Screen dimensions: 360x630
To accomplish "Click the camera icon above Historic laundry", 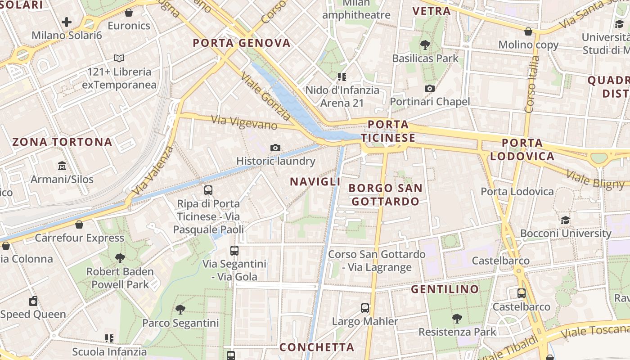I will tap(275, 148).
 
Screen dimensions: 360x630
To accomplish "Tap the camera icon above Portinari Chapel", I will tap(430, 88).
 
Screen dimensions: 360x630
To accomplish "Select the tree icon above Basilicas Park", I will tap(425, 45).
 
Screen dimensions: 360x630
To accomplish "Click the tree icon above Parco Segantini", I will tap(180, 309).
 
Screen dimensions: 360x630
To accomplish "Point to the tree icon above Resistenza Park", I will tap(457, 318).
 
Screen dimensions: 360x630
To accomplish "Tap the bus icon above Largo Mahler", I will tap(365, 308).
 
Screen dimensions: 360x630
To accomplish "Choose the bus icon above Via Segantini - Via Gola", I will tap(234, 251).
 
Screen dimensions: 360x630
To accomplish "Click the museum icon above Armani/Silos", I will tap(62, 166).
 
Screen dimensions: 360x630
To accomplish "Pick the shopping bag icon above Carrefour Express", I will tap(80, 224).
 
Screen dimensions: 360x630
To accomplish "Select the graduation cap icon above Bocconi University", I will tap(565, 220).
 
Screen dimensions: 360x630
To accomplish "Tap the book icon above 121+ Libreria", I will tap(119, 58).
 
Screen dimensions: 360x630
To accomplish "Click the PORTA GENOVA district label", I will tap(242, 43).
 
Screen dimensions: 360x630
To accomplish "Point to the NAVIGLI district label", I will tap(315, 182).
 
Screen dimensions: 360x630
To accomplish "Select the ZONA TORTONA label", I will tap(63, 142).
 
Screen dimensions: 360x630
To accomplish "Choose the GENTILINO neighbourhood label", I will tap(445, 289).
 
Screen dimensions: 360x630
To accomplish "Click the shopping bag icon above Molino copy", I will tap(528, 31).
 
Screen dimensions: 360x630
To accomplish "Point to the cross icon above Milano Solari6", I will tap(67, 22).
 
